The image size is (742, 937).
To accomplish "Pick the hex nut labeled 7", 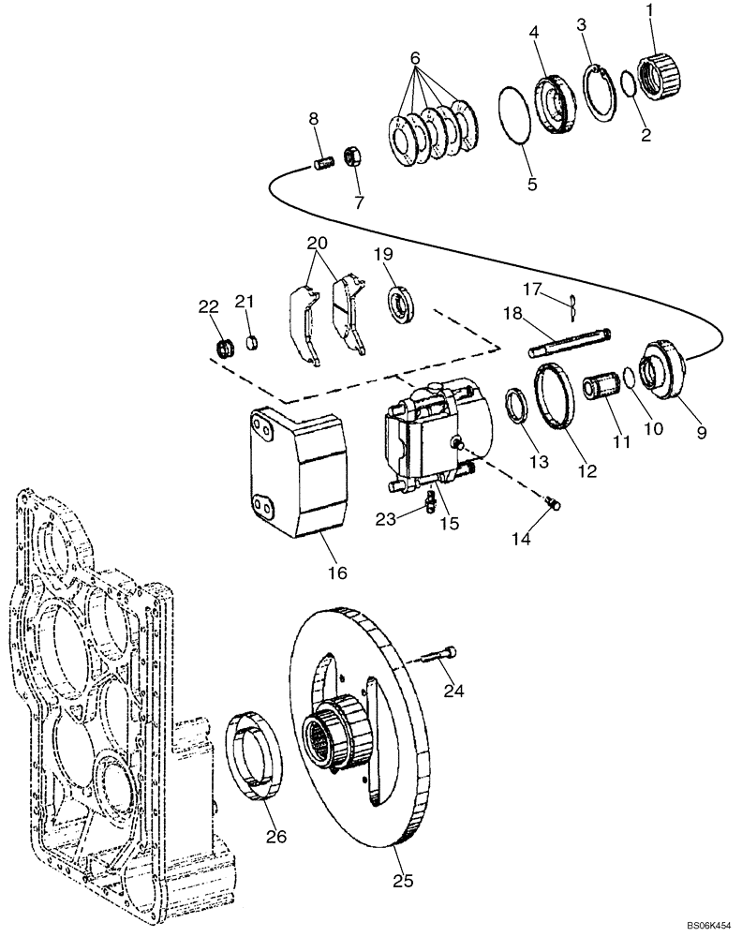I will click(x=354, y=156).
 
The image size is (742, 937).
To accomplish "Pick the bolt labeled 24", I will click(x=441, y=655).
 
